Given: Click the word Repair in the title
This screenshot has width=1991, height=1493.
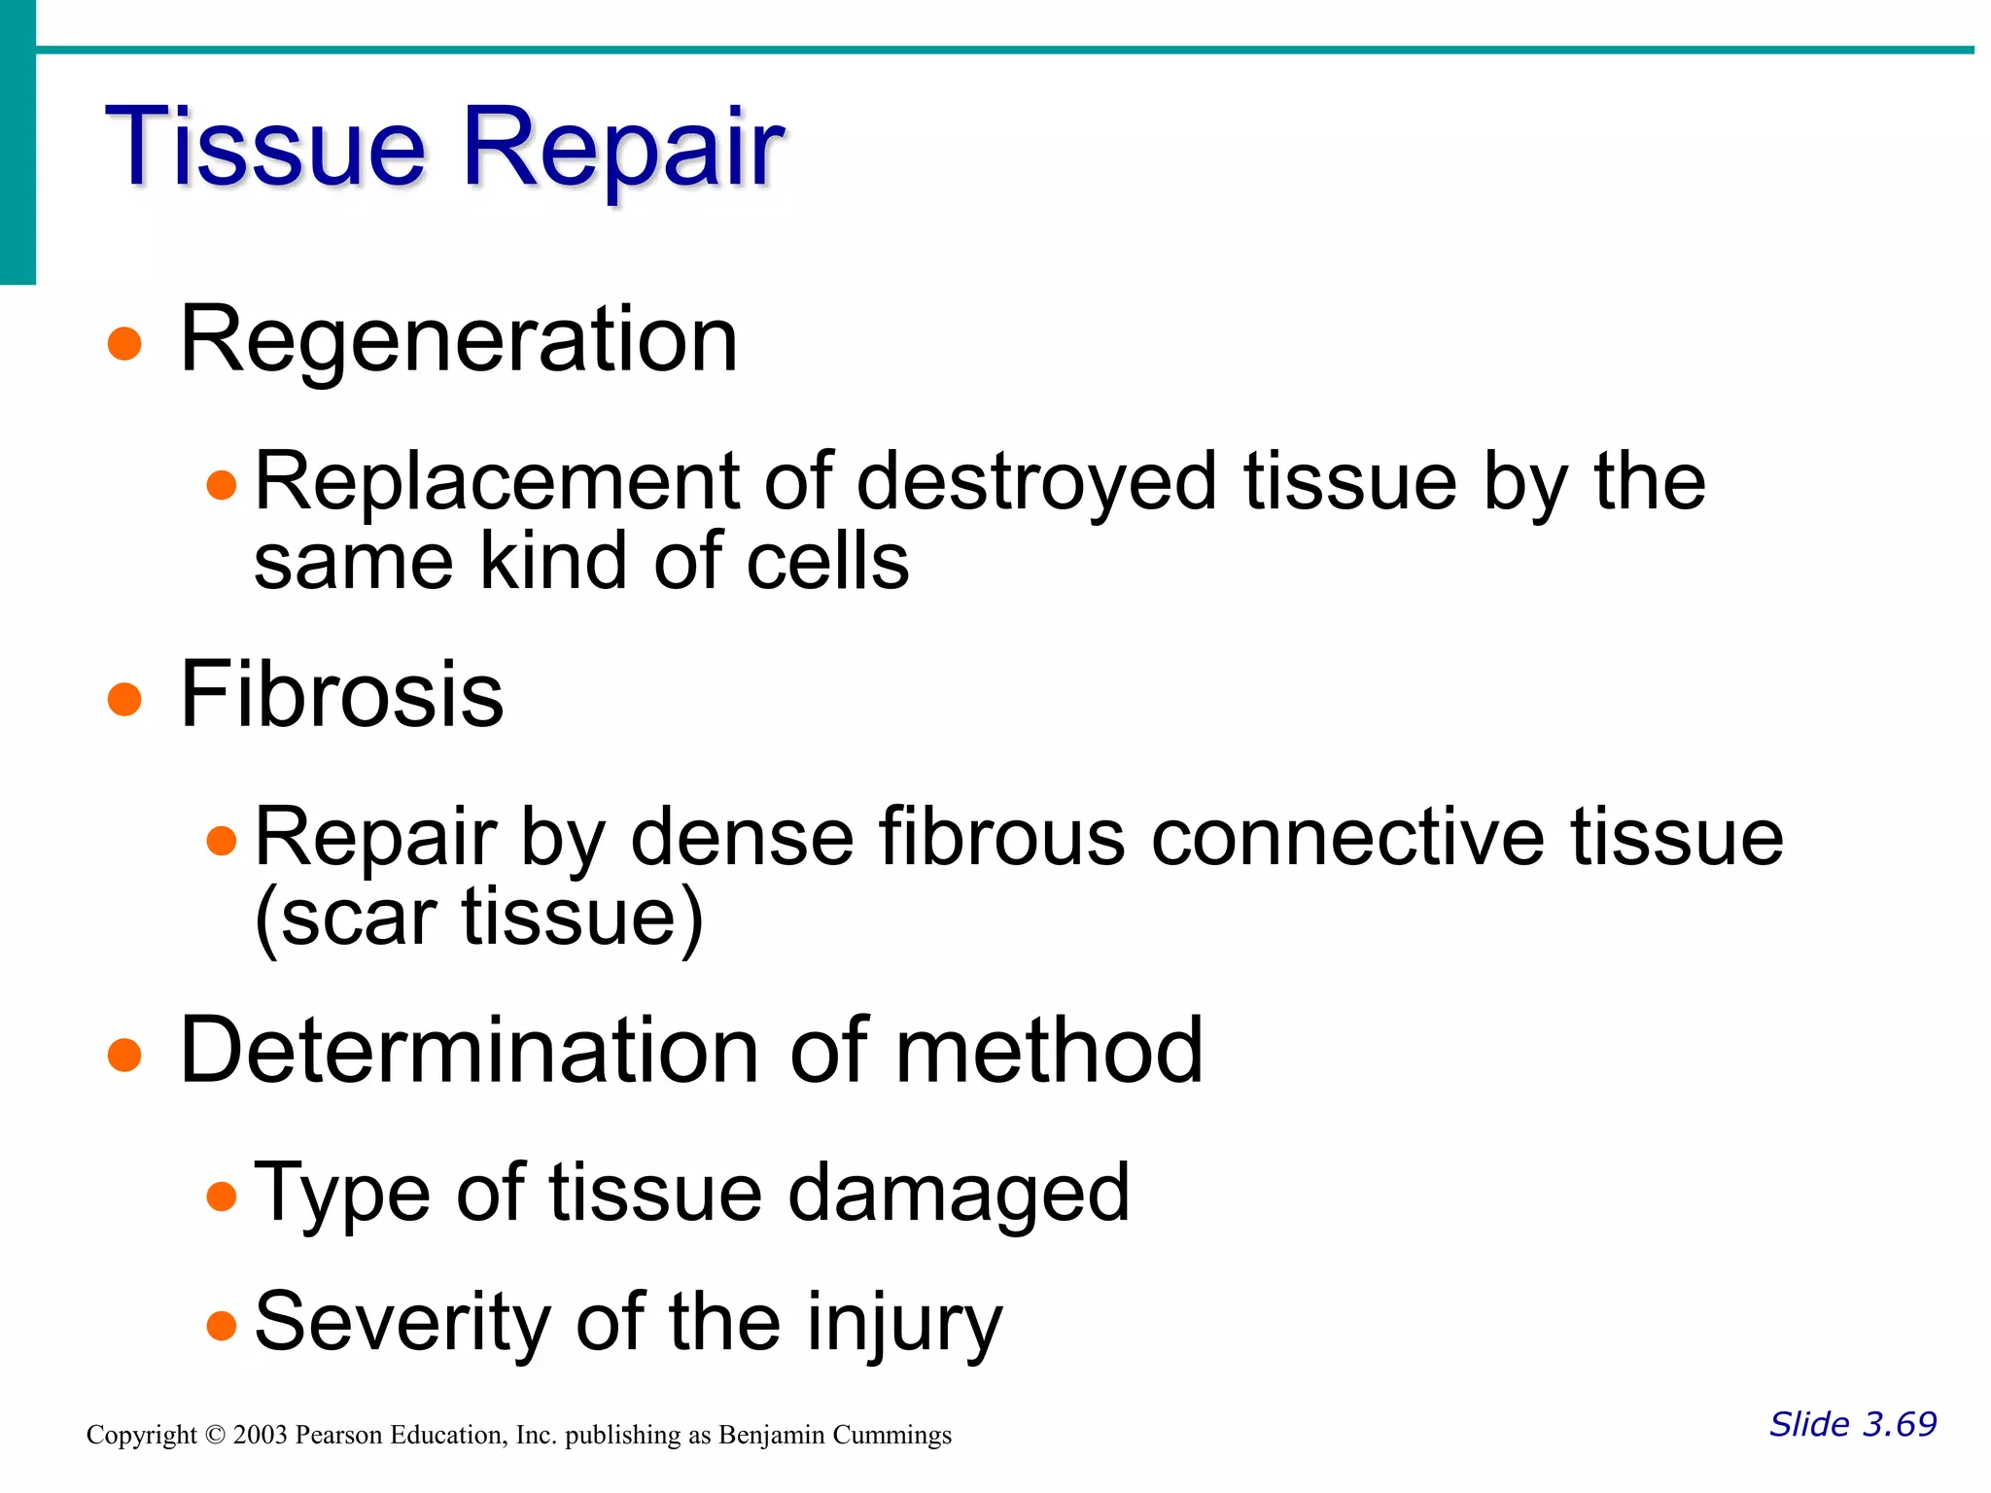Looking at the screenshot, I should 622,147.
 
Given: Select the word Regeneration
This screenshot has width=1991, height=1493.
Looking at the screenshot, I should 459,339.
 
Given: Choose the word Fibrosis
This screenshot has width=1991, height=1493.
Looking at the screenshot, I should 342,694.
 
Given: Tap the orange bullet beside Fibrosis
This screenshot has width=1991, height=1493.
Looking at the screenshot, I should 124,699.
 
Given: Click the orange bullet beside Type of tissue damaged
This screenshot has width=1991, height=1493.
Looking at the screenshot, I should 222,1197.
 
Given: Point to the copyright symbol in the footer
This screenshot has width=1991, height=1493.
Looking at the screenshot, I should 215,1436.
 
